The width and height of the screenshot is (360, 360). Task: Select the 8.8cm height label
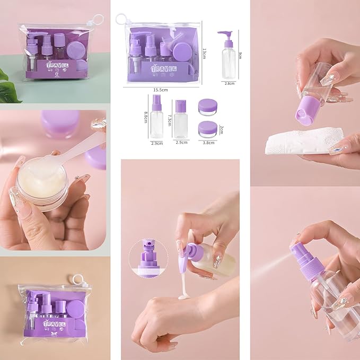[146, 117]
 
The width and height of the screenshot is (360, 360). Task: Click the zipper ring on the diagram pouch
[121, 19]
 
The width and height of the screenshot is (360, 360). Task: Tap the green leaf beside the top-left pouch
[8, 87]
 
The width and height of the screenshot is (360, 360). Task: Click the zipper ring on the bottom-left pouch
[78, 279]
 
